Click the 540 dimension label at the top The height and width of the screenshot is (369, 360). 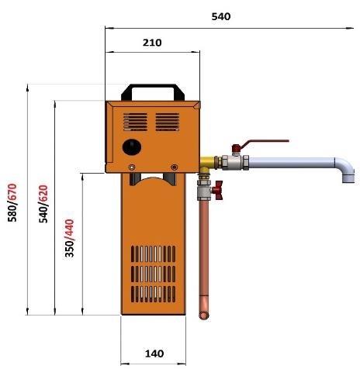(x=221, y=16)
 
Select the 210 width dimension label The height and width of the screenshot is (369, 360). (x=152, y=43)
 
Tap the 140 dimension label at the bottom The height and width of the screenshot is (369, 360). (x=154, y=353)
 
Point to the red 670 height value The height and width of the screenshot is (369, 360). (x=12, y=192)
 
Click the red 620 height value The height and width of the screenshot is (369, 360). (x=43, y=194)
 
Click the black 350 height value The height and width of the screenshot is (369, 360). (x=69, y=250)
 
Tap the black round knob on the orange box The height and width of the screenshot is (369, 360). (x=132, y=147)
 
